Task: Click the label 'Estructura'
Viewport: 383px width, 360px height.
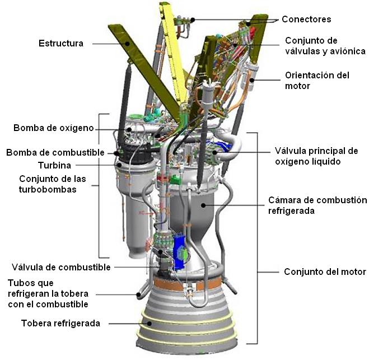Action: tap(61, 43)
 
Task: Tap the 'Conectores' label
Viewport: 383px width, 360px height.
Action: tap(306, 19)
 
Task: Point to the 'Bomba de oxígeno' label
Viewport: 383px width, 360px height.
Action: tap(54, 128)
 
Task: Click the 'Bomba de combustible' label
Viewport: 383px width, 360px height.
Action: tap(55, 152)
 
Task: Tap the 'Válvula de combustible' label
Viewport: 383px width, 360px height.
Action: tap(61, 267)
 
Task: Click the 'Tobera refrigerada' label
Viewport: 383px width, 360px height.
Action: tap(61, 323)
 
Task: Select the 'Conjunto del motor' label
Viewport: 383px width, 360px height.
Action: tap(325, 272)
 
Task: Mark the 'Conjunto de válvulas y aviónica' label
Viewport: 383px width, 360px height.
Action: tap(325, 46)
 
